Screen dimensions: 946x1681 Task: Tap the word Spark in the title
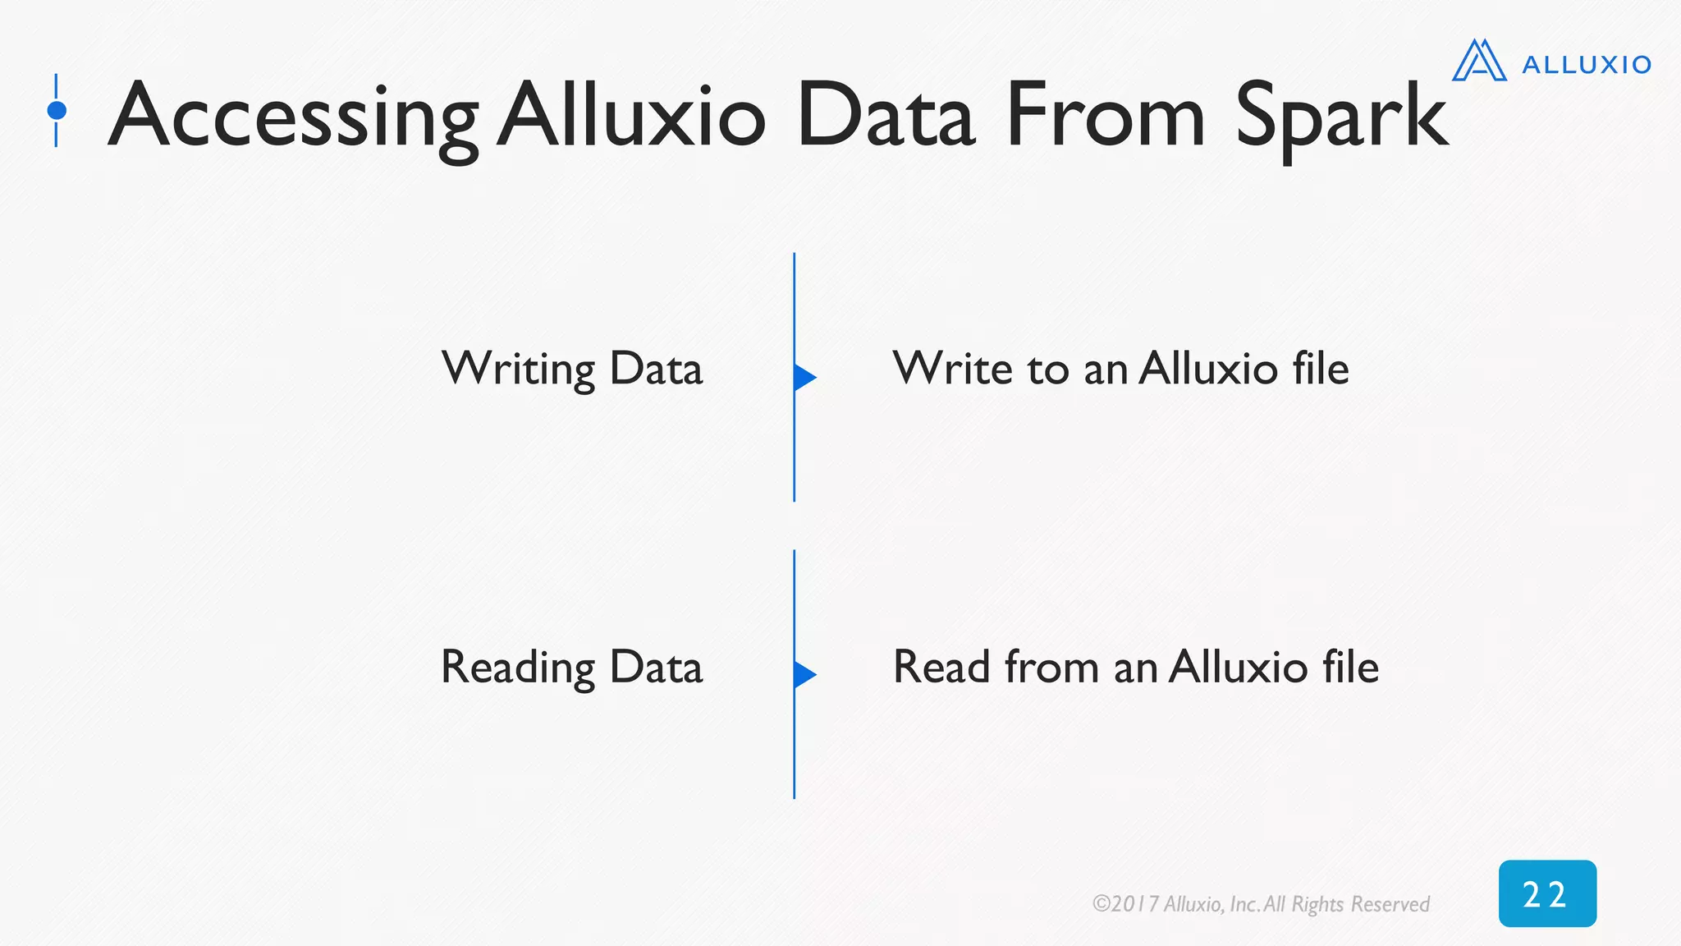(x=1341, y=117)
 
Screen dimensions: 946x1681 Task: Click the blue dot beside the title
(x=57, y=110)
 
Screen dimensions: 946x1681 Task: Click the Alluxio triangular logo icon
(x=1479, y=61)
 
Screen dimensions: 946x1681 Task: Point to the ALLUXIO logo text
(x=1587, y=65)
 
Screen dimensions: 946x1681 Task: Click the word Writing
(x=518, y=369)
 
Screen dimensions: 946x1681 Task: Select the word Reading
(x=518, y=667)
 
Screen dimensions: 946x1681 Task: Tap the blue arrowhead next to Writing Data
(x=804, y=377)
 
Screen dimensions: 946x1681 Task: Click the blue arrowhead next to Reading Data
(x=804, y=674)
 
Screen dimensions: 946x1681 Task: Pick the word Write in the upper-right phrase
(x=952, y=368)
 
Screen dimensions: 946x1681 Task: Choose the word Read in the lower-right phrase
(x=942, y=666)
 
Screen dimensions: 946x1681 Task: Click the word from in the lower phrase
(x=1051, y=666)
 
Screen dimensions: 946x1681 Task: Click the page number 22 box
(x=1547, y=893)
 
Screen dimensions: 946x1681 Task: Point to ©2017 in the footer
(x=1125, y=904)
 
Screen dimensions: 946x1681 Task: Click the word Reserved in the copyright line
(x=1390, y=904)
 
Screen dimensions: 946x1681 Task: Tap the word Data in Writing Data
(x=656, y=369)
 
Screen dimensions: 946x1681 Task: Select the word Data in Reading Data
(x=656, y=667)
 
